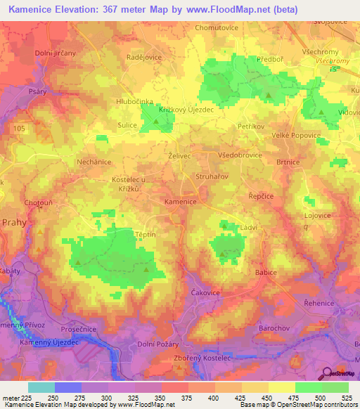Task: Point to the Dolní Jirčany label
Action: [x=56, y=53]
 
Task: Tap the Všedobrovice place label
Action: [x=240, y=155]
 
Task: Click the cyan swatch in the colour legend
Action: [x=41, y=387]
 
